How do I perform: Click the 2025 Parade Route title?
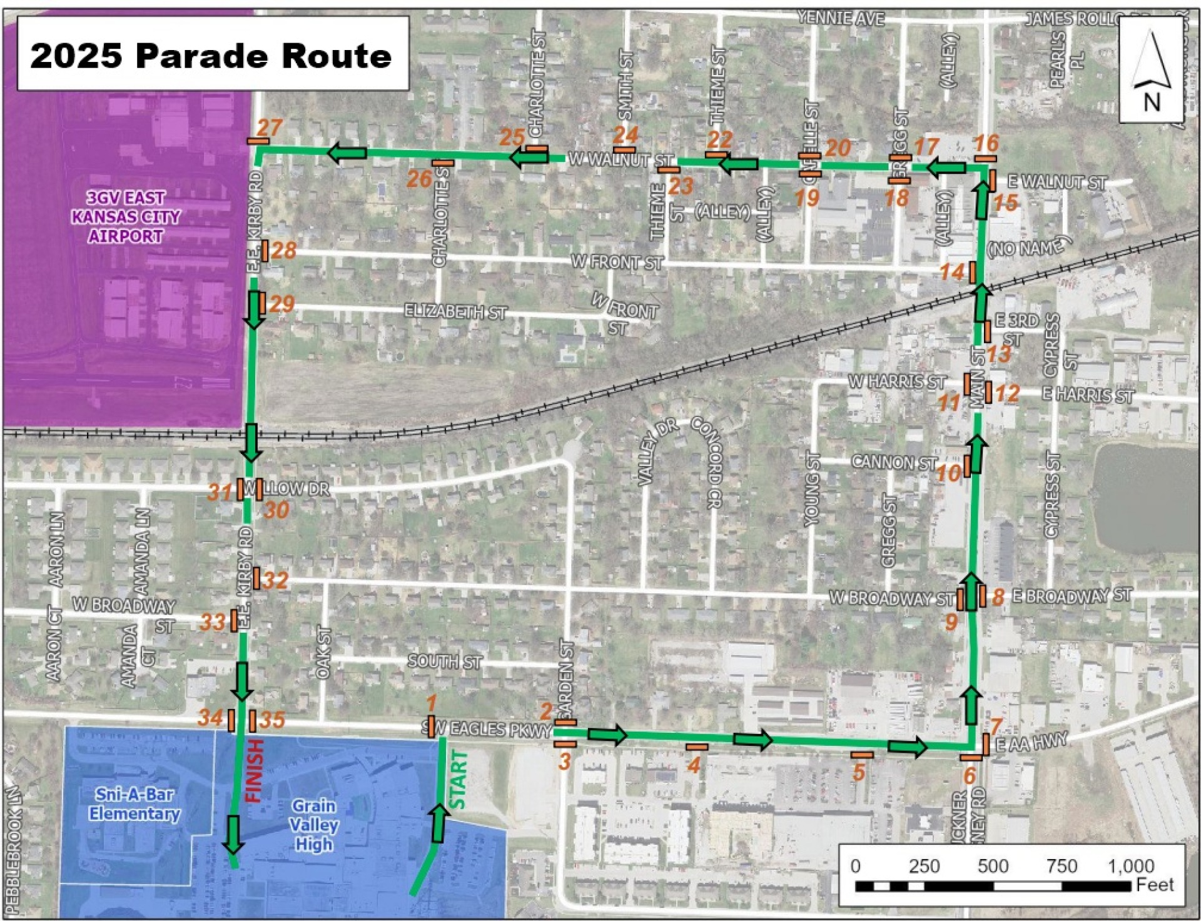click(x=211, y=56)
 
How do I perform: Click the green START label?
click(x=459, y=780)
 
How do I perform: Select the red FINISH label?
click(x=253, y=770)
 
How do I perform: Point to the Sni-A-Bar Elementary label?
click(x=134, y=804)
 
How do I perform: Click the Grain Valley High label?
click(x=313, y=825)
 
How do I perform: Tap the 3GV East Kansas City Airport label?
click(x=125, y=217)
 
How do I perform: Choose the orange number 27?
click(x=270, y=128)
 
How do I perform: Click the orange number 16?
click(x=986, y=143)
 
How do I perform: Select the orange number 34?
click(x=210, y=718)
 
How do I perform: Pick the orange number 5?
click(x=859, y=772)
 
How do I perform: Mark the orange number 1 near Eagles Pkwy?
click(x=430, y=703)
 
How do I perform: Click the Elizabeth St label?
click(x=455, y=311)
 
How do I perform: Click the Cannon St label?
click(x=894, y=463)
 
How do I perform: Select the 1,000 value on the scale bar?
click(x=1131, y=867)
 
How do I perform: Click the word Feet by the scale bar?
click(x=1155, y=885)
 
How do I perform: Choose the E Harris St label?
click(x=1087, y=395)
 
